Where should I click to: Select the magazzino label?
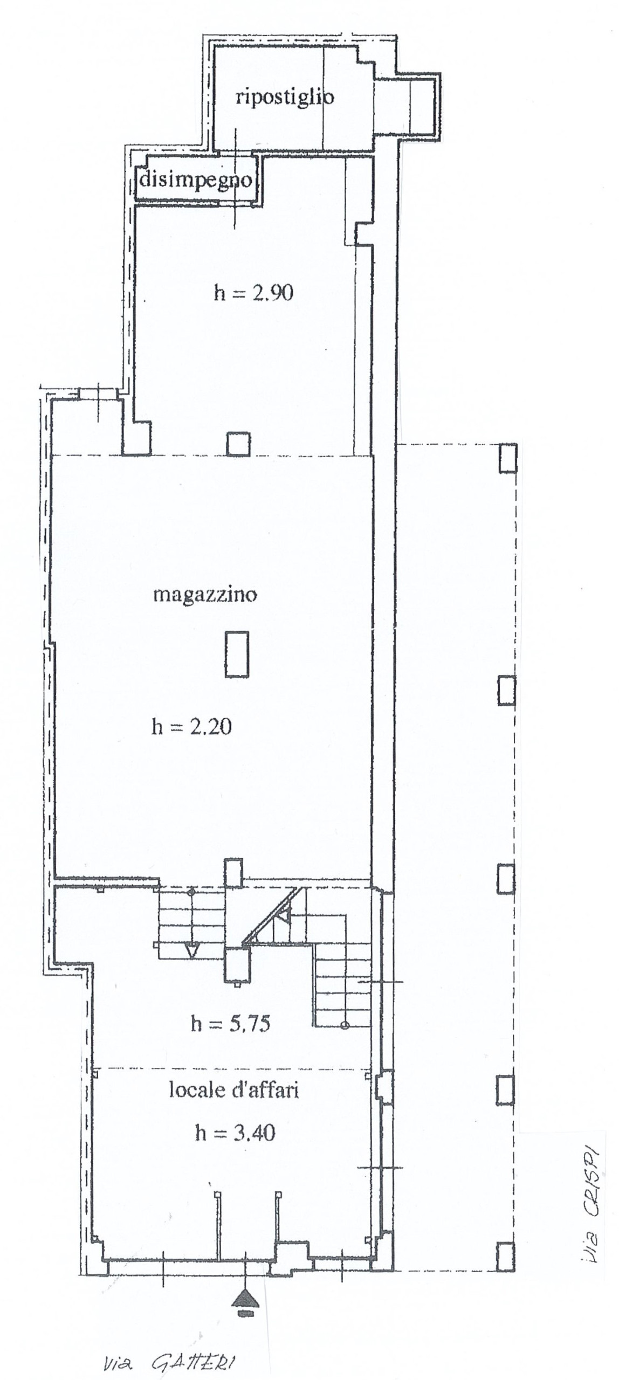click(x=205, y=595)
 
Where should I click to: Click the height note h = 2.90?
click(x=253, y=293)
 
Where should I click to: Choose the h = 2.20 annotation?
click(x=191, y=727)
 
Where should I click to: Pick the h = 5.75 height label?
click(x=230, y=1023)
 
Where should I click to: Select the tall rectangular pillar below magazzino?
click(x=237, y=654)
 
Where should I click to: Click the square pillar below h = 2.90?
click(x=238, y=445)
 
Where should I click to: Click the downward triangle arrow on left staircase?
click(x=191, y=951)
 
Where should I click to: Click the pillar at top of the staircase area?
click(x=233, y=872)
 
